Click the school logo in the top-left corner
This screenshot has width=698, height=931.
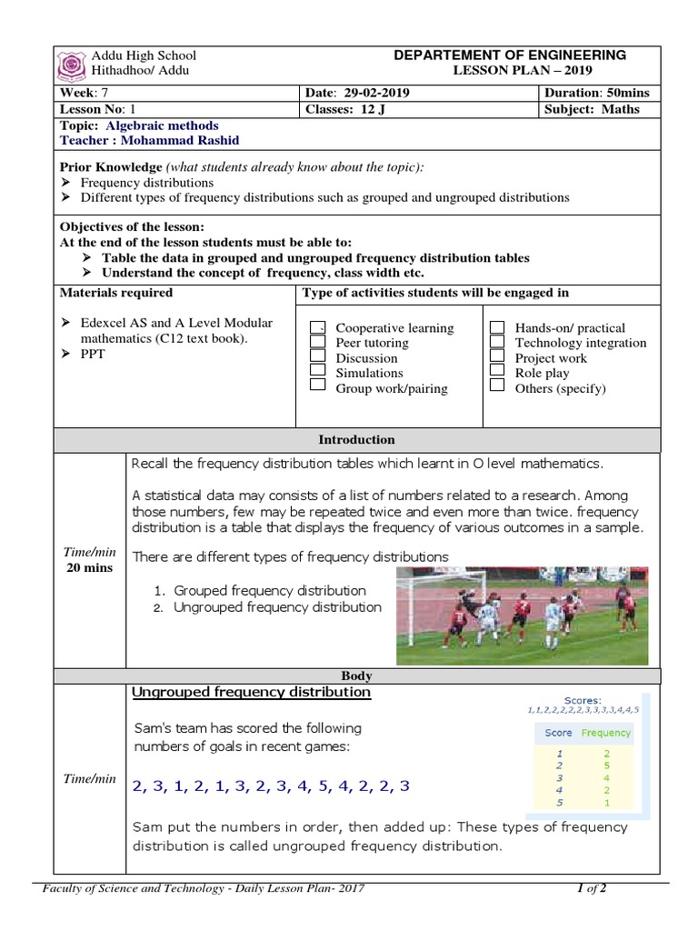(x=72, y=65)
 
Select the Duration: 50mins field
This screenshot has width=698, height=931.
(x=597, y=94)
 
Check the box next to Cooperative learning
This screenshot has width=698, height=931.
(x=317, y=327)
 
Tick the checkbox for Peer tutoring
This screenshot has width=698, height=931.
(x=317, y=342)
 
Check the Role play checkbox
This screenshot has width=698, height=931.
(x=496, y=372)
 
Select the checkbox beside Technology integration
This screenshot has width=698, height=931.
(x=496, y=342)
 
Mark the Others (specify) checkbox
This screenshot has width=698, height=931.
(x=496, y=386)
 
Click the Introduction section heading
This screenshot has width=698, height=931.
(x=356, y=440)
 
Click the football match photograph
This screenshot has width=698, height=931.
(x=522, y=616)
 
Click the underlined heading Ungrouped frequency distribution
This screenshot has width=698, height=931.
(x=251, y=693)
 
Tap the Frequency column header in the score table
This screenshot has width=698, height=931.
(x=605, y=733)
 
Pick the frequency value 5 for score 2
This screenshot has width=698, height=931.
(x=605, y=766)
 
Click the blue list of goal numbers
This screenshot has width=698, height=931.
(x=271, y=786)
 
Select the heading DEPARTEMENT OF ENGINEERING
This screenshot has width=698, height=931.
(x=509, y=55)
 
